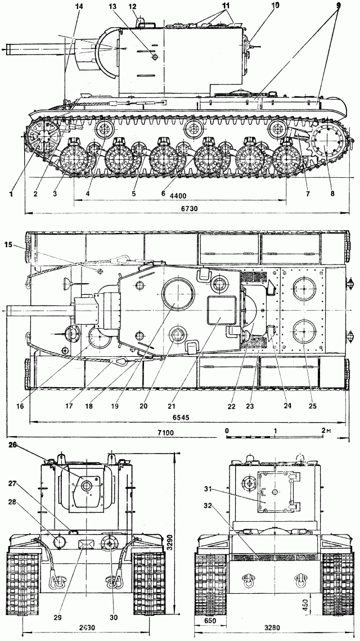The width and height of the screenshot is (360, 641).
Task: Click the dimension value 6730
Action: (186, 208)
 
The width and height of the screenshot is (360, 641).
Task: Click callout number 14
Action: (78, 6)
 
